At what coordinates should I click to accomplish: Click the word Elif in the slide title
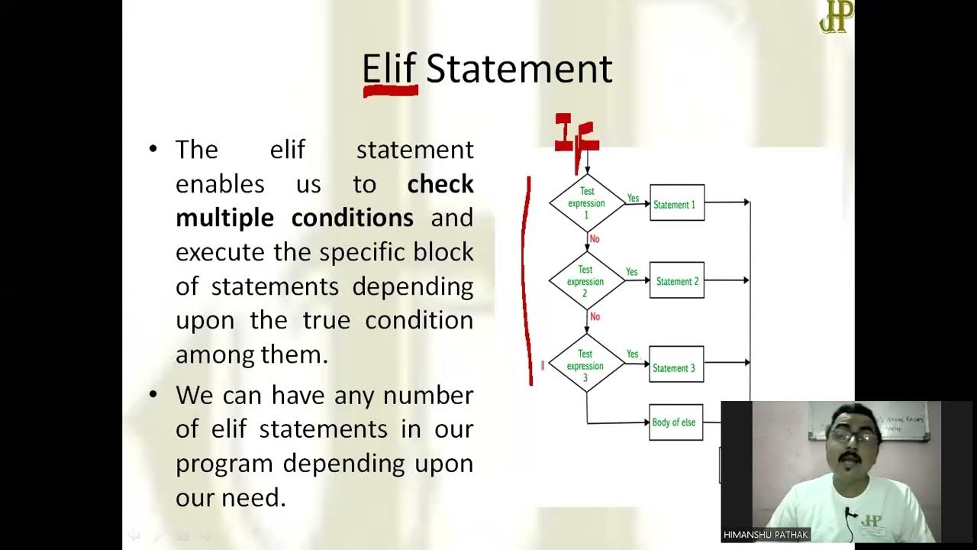coord(389,69)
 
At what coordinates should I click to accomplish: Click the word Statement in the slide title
coord(519,69)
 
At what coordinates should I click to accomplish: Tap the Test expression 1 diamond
coord(587,203)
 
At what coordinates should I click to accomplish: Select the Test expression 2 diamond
coord(585,281)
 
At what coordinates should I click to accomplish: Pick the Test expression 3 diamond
coord(585,365)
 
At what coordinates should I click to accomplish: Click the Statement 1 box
coord(676,203)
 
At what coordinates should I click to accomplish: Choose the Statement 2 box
coord(676,281)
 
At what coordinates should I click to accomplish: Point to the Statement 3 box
coord(676,367)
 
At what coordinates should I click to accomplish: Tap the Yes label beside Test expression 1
coord(633,199)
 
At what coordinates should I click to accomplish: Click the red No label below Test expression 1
coord(595,239)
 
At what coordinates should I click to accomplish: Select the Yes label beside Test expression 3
coord(632,354)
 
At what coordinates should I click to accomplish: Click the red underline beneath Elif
coord(390,91)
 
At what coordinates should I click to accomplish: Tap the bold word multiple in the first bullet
coord(225,218)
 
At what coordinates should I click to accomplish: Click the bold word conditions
coord(353,218)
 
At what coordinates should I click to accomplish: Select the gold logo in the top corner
coord(835,17)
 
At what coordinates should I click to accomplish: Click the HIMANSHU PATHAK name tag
coord(766,535)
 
